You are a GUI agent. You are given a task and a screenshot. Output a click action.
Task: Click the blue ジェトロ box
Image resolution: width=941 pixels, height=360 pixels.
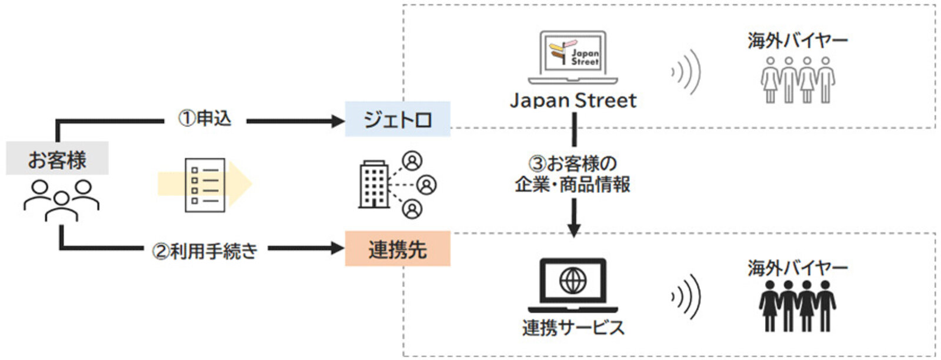398,119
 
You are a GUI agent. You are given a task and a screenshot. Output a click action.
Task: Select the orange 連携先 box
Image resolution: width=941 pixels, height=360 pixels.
398,249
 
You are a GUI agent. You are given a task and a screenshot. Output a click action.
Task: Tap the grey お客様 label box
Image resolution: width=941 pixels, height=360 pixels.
57,159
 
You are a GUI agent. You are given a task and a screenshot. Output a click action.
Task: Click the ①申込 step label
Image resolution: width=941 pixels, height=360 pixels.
205,119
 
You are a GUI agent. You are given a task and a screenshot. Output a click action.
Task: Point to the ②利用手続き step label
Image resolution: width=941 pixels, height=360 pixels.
205,251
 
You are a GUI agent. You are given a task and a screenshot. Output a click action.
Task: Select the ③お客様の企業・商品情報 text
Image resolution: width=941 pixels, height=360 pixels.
573,174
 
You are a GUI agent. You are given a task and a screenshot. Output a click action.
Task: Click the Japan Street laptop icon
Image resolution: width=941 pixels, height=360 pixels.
573,57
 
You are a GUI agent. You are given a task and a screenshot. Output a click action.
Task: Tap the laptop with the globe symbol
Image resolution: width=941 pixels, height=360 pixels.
573,285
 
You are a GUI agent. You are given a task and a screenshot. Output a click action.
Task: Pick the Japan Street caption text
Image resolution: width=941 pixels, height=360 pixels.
573,101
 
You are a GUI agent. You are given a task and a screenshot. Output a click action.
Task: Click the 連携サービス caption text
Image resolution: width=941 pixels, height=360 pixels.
573,328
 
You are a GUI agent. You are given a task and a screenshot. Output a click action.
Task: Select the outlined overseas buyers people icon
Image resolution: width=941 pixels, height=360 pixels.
797,81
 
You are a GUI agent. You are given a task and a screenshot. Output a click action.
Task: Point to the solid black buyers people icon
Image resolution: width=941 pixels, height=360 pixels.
797,305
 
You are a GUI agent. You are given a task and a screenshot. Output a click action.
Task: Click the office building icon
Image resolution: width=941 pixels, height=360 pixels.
374,184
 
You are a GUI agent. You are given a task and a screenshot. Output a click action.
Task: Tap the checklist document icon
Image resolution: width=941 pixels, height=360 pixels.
205,185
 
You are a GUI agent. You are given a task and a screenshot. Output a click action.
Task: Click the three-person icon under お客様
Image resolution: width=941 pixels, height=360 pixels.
61,200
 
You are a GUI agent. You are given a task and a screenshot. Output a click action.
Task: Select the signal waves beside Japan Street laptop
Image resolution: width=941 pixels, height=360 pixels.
687,72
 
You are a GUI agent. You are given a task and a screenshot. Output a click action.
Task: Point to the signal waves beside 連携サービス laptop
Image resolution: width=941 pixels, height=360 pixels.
687,296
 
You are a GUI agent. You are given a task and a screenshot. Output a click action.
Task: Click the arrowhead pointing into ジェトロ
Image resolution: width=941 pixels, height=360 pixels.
338,121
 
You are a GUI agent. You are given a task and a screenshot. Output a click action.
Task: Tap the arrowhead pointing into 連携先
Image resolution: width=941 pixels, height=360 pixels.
338,248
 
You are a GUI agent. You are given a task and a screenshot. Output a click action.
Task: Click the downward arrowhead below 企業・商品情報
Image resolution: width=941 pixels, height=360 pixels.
574,229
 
